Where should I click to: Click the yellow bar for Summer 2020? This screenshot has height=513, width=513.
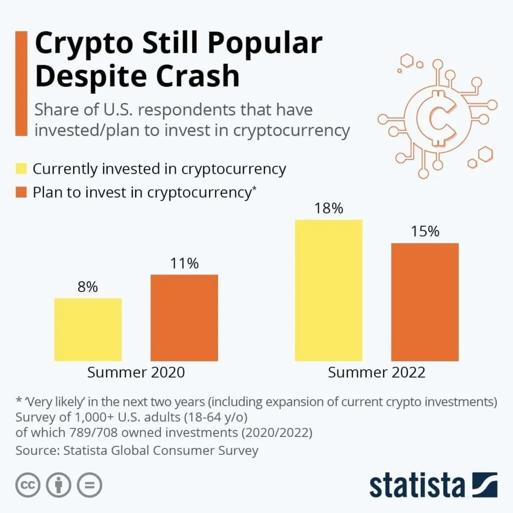pos(88,330)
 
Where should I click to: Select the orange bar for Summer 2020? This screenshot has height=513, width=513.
pos(184,318)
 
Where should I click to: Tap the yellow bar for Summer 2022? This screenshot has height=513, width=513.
pos(329,290)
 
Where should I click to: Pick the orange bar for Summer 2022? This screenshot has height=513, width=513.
pos(425,302)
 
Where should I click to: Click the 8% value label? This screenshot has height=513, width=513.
pos(88,288)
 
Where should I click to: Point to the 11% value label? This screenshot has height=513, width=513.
pos(184,264)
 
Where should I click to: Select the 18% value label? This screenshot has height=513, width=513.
pos(329,208)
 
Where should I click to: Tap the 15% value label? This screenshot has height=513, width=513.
pos(425,231)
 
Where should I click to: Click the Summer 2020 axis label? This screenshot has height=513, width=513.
pos(136,373)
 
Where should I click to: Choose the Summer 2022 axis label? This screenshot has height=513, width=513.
pos(377,373)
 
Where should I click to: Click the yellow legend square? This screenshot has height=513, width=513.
pos(21,169)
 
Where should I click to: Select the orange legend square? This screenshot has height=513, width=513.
pos(21,192)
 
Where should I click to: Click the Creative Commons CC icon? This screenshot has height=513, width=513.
pos(28,485)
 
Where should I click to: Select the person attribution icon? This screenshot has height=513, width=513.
pos(59,485)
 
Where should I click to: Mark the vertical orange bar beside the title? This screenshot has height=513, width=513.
pos(21,83)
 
